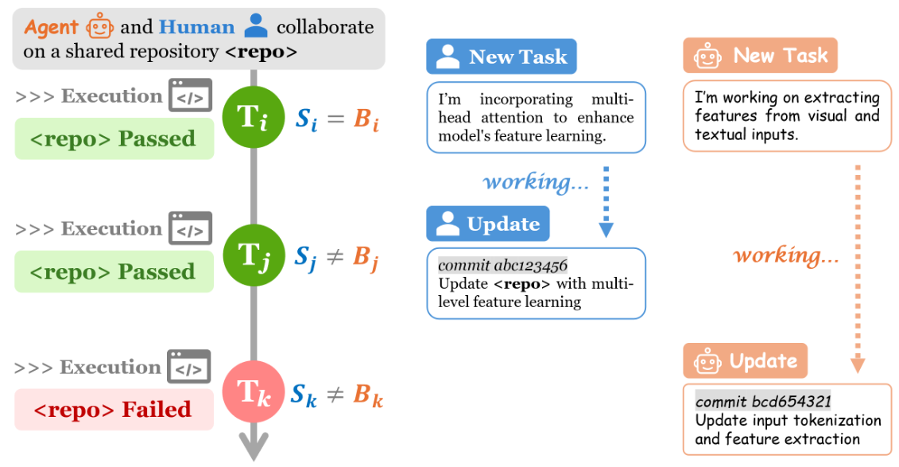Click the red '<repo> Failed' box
114,410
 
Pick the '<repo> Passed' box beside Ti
114,138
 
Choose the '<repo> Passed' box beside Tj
114,271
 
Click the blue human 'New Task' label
501,56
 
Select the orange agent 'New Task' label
760,56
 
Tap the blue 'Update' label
487,224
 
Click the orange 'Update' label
745,361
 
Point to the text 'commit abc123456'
502,265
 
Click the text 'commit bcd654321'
763,401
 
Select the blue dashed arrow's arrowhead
606,230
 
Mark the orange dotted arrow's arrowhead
858,365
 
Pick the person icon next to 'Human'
256,26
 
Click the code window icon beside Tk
190,367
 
